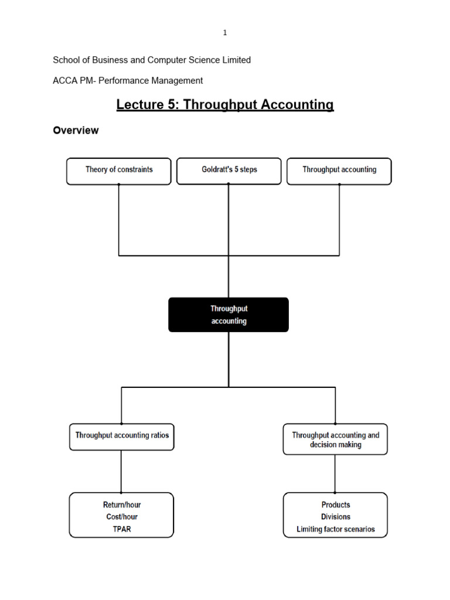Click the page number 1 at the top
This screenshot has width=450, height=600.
225,33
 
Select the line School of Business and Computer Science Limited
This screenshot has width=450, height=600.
152,60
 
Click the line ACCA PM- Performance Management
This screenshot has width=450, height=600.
128,80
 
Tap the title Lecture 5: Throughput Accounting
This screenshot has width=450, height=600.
225,105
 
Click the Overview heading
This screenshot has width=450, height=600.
76,131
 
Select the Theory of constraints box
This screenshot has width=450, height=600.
119,171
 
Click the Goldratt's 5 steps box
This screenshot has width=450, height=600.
229,171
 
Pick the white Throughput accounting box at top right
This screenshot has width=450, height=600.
339,171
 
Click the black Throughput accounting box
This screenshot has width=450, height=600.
229,315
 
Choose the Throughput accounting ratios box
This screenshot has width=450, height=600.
122,437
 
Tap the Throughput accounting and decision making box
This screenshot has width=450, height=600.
335,439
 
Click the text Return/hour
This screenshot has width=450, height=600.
122,504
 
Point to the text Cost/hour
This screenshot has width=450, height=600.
122,517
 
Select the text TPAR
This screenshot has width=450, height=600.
122,529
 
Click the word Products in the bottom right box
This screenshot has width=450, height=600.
336,504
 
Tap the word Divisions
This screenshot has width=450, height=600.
336,517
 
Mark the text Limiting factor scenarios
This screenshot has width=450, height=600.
336,529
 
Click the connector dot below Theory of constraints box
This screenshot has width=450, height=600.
119,185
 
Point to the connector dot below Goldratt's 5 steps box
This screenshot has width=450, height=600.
229,185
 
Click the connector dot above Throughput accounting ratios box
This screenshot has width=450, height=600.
122,423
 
